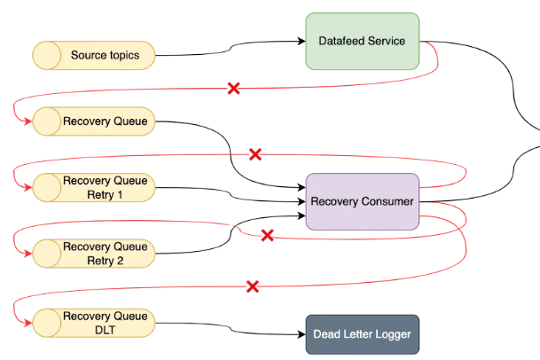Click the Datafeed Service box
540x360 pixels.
362,41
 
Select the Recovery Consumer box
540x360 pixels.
362,201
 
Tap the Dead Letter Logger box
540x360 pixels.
362,335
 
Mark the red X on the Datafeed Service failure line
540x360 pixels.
234,88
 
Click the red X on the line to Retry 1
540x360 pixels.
255,154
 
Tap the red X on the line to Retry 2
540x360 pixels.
266,235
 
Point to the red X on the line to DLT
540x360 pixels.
252,286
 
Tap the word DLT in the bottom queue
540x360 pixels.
105,331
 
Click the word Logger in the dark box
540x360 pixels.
383,335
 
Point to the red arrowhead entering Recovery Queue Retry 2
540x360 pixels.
27,254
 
